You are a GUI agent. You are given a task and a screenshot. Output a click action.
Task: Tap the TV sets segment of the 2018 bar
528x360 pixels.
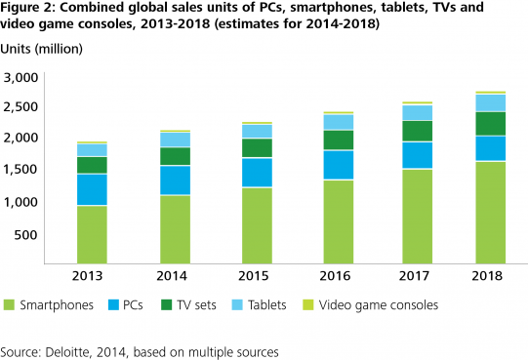[490, 124]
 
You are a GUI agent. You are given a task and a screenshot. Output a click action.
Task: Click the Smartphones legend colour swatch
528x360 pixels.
[13, 305]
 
